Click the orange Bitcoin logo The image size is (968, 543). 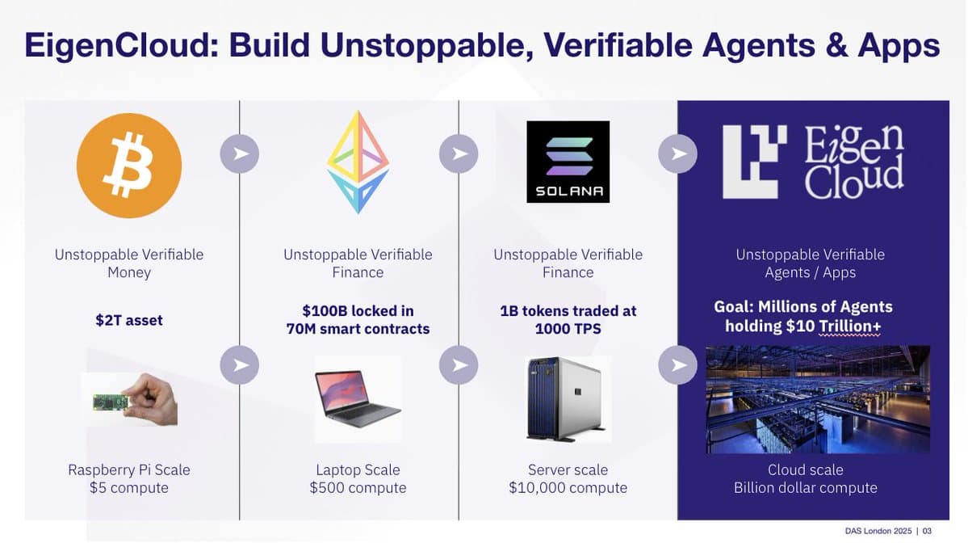click(x=129, y=165)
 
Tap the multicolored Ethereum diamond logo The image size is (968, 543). click(x=358, y=162)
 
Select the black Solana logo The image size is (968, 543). click(x=568, y=162)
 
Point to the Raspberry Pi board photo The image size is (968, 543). click(x=129, y=399)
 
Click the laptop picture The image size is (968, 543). click(x=358, y=398)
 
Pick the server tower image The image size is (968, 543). click(x=568, y=398)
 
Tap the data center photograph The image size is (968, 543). click(x=818, y=399)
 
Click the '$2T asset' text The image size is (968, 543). click(x=129, y=321)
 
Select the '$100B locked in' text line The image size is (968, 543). click(x=358, y=311)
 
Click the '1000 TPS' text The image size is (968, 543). click(x=568, y=329)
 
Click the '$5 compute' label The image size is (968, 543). click(x=129, y=488)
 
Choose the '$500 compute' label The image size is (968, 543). click(x=358, y=488)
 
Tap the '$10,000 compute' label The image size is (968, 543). click(x=568, y=488)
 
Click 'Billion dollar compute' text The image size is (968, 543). click(x=805, y=488)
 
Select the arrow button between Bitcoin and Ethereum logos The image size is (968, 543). click(x=240, y=154)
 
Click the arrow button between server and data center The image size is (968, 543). click(x=678, y=365)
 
